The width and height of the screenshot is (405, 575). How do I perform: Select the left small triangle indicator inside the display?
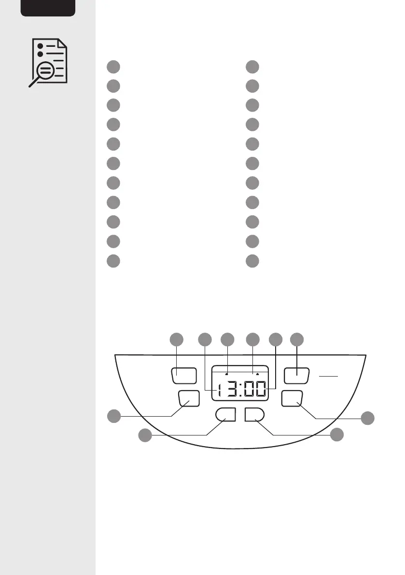[x=226, y=374]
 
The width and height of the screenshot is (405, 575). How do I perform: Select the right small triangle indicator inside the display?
[x=258, y=374]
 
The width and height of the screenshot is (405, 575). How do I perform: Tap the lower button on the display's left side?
[x=189, y=398]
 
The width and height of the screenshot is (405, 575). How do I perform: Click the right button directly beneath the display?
[x=254, y=414]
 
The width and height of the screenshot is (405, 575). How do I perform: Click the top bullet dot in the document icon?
[x=41, y=45]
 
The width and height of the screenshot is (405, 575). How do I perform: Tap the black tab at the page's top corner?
[x=48, y=7]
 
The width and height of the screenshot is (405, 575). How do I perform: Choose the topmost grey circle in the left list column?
[x=113, y=67]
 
